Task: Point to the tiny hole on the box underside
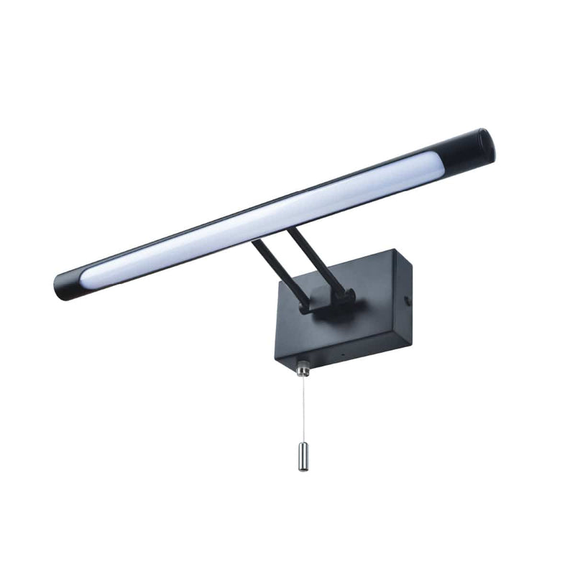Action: coord(342,355)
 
